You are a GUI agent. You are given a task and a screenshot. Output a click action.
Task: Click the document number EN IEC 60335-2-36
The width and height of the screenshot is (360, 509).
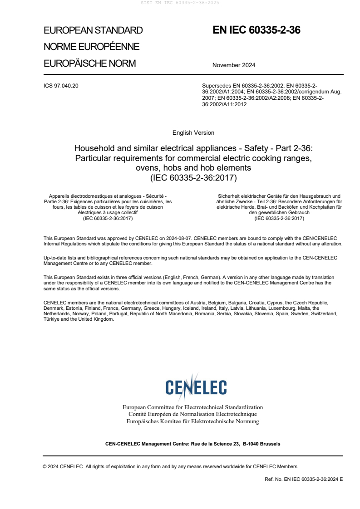click(256, 30)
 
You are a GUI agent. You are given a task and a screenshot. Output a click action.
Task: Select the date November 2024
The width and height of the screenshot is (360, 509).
click(234, 65)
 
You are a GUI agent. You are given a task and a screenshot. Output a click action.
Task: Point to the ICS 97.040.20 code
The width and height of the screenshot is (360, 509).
click(61, 85)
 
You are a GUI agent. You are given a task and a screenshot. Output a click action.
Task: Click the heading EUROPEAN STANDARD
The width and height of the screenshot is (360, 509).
click(93, 30)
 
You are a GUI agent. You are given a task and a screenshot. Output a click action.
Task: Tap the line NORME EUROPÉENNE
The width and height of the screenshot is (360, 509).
click(91, 47)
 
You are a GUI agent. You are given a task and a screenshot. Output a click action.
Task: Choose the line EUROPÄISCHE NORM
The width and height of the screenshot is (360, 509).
click(89, 64)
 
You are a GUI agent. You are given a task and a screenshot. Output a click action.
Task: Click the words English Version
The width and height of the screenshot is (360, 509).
click(193, 133)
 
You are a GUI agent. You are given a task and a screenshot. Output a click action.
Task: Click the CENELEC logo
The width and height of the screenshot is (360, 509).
click(196, 387)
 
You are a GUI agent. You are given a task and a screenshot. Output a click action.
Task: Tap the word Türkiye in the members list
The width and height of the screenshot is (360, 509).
click(52, 319)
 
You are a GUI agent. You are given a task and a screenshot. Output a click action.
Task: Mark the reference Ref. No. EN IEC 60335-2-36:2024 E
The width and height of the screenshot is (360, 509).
click(304, 479)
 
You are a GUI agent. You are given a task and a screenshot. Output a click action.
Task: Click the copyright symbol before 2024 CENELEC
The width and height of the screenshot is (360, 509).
click(45, 466)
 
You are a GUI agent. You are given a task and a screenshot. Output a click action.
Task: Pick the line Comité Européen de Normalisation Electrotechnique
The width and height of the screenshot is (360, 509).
click(193, 414)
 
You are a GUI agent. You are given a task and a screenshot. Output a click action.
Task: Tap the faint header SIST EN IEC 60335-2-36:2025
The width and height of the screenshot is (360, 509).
click(180, 2)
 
